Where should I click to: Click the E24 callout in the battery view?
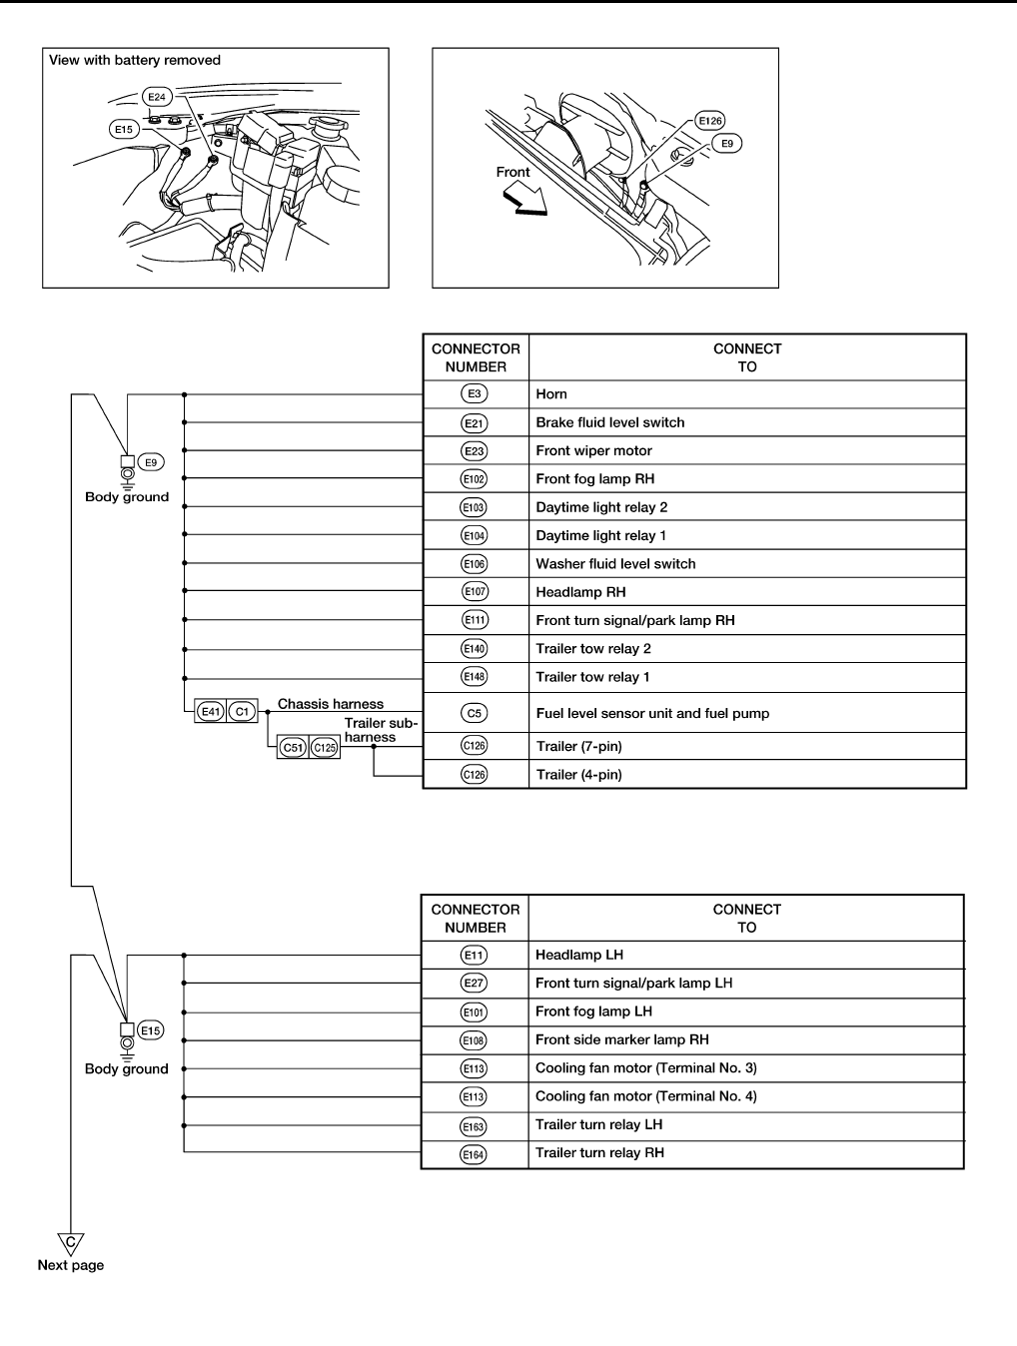click(x=157, y=97)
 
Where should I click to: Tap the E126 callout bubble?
click(x=710, y=121)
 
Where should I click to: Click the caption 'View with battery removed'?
click(x=135, y=60)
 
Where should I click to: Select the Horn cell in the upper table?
click(x=551, y=394)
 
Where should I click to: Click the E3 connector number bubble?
click(x=475, y=394)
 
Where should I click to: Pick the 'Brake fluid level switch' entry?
click(x=610, y=422)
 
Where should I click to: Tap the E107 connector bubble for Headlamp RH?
click(x=475, y=592)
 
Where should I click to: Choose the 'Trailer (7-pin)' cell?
click(x=578, y=746)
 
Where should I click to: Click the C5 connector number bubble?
click(x=475, y=713)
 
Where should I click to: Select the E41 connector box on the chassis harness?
click(x=211, y=712)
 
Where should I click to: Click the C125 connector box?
click(x=325, y=747)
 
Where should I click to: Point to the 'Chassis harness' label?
click(x=331, y=704)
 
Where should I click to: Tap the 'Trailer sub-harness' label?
click(x=380, y=730)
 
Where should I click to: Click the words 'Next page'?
click(x=71, y=1265)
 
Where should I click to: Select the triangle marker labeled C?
click(x=70, y=1242)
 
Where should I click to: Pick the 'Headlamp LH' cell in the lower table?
click(x=579, y=955)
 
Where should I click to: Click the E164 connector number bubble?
click(x=474, y=1153)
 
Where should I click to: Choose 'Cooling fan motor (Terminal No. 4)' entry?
click(x=646, y=1096)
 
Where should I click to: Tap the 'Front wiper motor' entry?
click(x=593, y=450)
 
